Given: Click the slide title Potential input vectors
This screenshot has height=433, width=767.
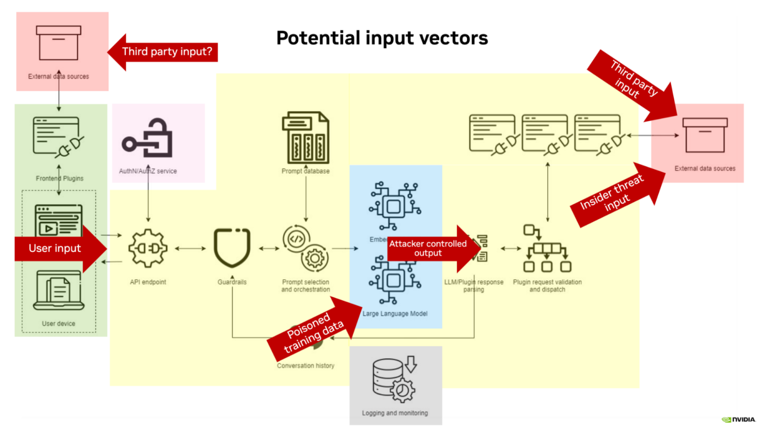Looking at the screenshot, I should (382, 38).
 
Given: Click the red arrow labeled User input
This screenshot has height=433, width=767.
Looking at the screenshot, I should (57, 248).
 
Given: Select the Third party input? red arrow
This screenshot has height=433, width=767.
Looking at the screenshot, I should (165, 51).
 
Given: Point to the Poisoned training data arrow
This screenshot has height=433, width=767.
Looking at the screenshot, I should (315, 330).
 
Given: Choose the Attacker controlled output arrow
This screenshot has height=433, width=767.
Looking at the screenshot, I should (429, 248).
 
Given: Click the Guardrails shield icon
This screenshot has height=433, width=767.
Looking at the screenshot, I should (232, 248).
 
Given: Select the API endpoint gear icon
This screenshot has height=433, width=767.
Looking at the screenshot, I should (148, 248).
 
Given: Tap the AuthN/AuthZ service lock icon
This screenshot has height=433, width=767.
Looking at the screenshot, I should (148, 139).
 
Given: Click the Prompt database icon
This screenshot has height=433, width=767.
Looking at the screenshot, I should (306, 138).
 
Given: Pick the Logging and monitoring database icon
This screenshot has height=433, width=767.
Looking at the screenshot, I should (394, 379).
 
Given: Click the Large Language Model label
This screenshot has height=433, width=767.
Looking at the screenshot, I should (394, 314).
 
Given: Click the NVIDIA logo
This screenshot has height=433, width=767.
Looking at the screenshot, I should (739, 420).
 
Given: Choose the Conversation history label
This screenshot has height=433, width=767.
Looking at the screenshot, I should (306, 366).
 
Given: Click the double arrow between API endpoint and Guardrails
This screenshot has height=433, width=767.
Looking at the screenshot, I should (190, 248).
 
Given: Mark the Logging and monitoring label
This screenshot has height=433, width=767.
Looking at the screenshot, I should (394, 413).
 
